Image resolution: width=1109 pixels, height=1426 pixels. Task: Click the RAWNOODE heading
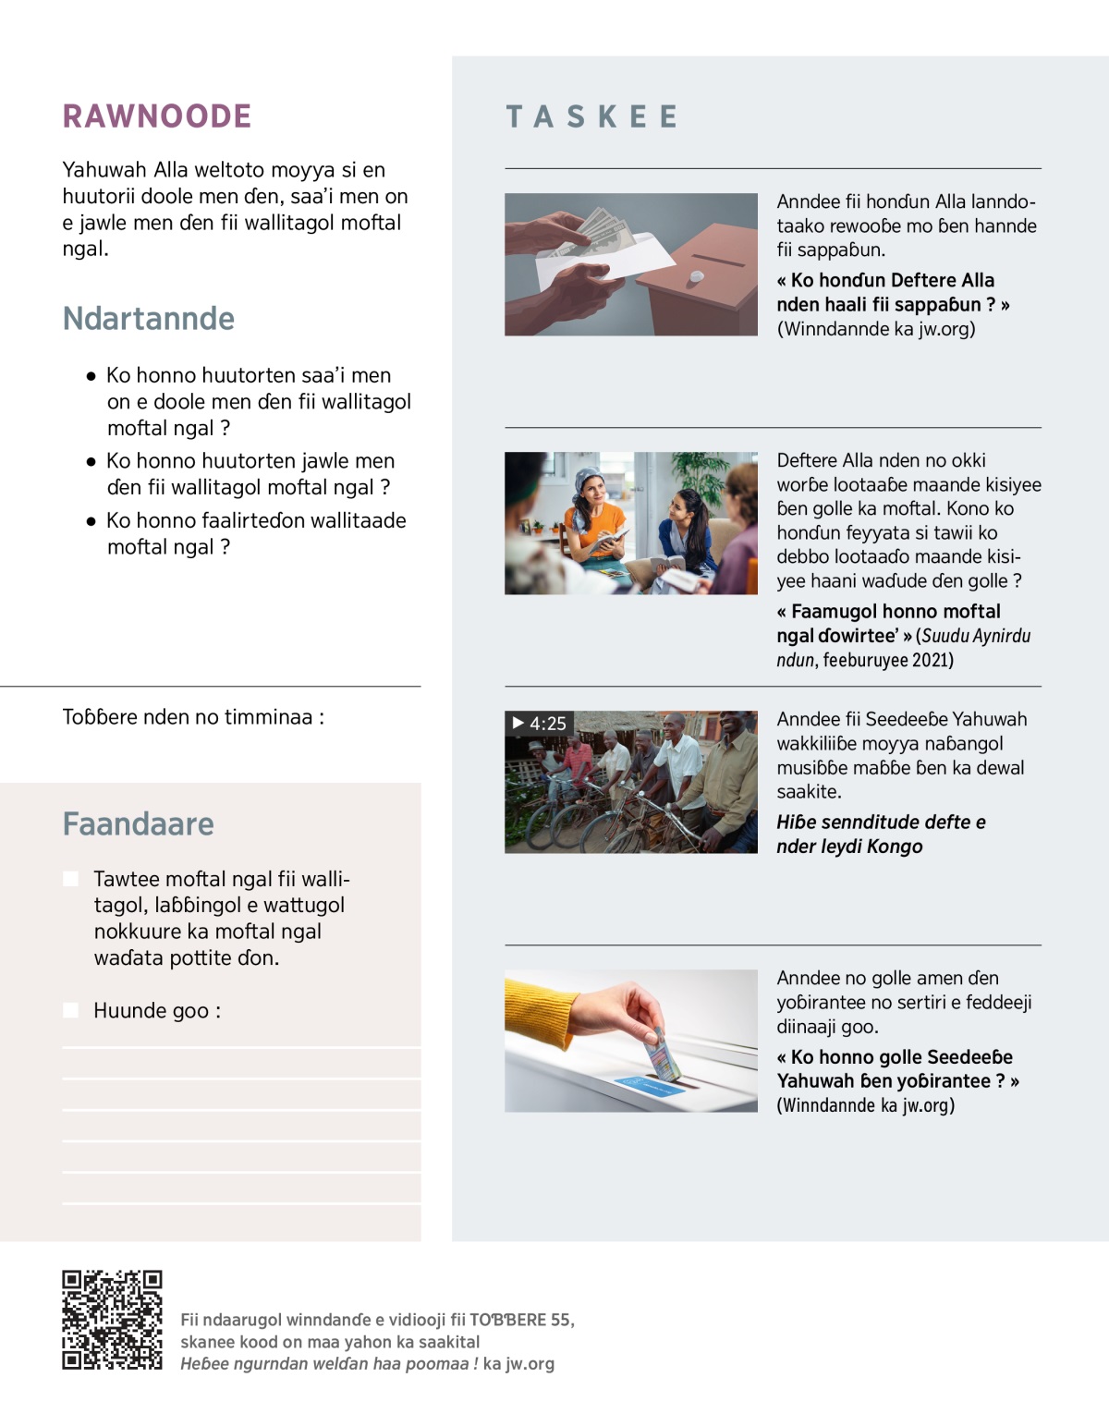[x=157, y=116]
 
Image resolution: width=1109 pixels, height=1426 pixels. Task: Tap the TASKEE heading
[x=592, y=117]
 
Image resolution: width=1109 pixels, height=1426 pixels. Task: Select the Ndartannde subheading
[x=149, y=318]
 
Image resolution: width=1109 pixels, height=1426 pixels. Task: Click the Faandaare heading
[x=139, y=823]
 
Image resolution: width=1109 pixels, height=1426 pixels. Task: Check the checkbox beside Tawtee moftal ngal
[x=70, y=879]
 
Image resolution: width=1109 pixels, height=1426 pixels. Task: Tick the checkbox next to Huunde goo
[x=70, y=1010]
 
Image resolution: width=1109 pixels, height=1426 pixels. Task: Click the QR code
[x=112, y=1320]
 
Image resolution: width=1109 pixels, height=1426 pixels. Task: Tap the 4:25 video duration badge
[x=539, y=724]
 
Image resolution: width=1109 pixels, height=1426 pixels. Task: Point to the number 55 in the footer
[x=560, y=1320]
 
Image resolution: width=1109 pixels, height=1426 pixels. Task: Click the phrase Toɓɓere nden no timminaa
[x=193, y=717]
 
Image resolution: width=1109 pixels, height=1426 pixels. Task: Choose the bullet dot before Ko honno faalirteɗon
[x=91, y=521]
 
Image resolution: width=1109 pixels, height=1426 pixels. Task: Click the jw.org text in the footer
[x=530, y=1363]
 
